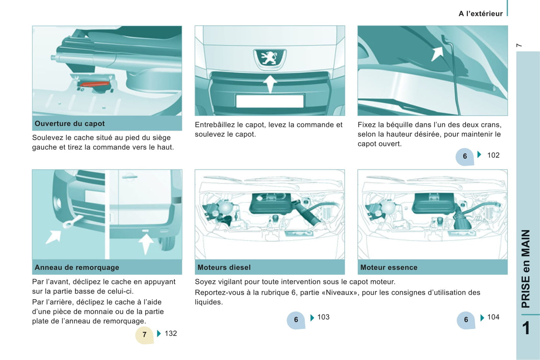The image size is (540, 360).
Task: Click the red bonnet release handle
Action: (95, 84)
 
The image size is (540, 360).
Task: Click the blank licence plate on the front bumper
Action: (270, 101)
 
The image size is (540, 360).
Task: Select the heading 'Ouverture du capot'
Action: (70, 124)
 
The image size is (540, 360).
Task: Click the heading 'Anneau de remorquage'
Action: (77, 267)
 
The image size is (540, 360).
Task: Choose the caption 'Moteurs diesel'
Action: (224, 267)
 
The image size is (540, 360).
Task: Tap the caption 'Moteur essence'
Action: (389, 267)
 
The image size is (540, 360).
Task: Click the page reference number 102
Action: (493, 155)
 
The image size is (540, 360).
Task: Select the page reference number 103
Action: (323, 317)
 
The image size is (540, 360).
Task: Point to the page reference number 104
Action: (493, 317)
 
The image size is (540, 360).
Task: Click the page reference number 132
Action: (171, 333)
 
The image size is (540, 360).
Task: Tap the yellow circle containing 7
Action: (144, 335)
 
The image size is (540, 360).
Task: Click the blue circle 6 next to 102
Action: (465, 156)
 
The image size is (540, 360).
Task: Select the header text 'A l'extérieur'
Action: (481, 14)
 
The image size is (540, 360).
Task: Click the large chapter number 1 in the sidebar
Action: (526, 328)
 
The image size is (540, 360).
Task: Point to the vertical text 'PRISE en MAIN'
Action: (526, 269)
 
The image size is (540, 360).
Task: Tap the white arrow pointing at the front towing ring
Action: (53, 237)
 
